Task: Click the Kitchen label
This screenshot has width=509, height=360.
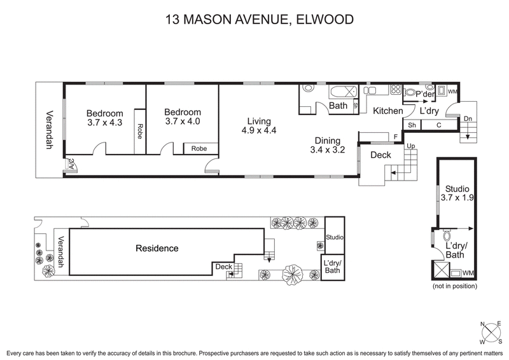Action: coord(387,111)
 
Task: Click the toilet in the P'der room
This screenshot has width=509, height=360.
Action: coord(412,93)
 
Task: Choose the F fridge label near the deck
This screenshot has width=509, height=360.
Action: coord(396,136)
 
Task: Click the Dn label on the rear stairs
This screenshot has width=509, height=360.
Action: coord(468,118)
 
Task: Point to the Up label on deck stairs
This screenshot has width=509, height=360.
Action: coord(411,146)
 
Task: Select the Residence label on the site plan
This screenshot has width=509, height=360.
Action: coord(157,249)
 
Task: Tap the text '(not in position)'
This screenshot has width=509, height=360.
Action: coord(454,287)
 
